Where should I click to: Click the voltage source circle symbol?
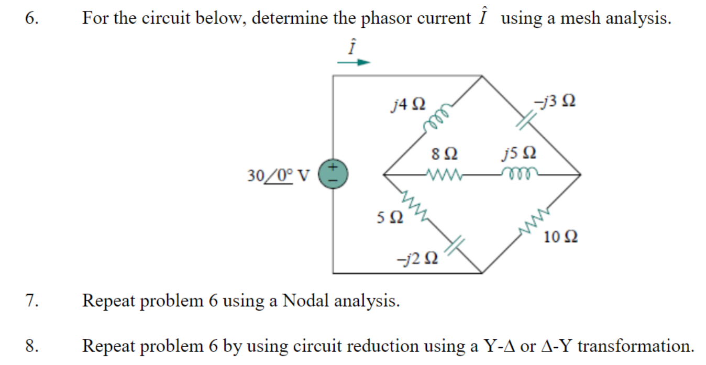333,173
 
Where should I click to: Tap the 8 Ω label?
444,154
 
